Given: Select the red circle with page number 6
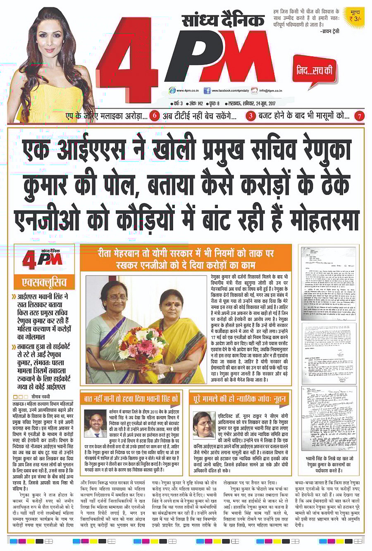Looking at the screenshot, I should coord(155,116).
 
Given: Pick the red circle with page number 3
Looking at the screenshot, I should coord(251,116).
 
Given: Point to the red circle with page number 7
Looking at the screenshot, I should coord(360,116).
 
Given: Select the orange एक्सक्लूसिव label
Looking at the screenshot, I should coord(44,283).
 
